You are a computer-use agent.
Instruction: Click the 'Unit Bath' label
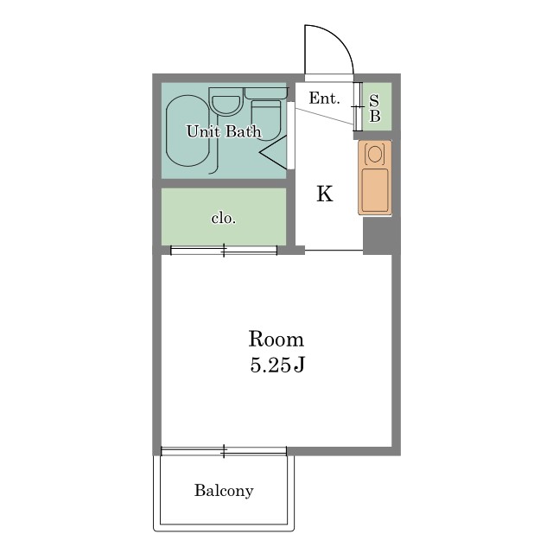point(224,131)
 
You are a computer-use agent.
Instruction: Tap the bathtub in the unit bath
point(188,130)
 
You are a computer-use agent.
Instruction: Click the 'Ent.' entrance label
point(324,98)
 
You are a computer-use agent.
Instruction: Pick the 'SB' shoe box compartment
point(377,106)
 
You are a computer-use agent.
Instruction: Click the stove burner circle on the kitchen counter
point(375,154)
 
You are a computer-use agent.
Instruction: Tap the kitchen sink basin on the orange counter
point(375,190)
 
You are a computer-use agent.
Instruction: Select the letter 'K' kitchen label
point(325,194)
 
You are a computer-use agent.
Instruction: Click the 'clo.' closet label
point(224,219)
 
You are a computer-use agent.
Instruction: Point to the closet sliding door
point(224,251)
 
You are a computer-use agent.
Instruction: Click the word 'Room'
point(276,340)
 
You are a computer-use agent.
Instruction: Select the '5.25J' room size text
point(277,365)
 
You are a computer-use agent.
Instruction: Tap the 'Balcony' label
point(224,491)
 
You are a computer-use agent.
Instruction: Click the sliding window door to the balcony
point(224,451)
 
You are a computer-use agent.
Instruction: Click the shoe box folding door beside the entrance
point(358,106)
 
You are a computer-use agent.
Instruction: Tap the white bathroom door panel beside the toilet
point(290,136)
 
